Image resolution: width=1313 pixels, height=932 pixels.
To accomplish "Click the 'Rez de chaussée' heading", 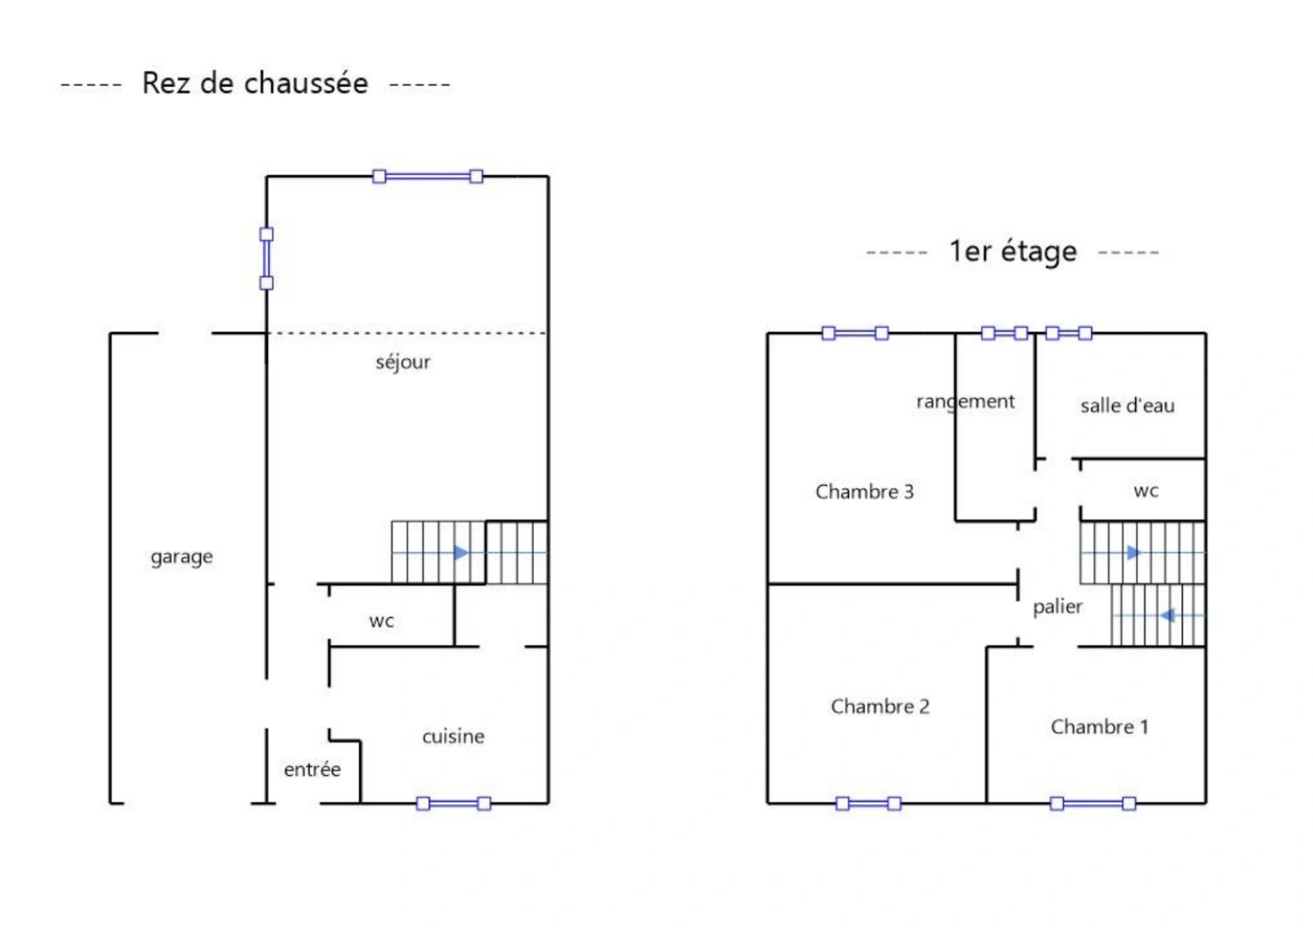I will tap(254, 84).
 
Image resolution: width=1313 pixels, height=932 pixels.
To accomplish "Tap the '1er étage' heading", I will tap(1013, 251).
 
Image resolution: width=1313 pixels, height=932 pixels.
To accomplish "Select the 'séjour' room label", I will tap(403, 362).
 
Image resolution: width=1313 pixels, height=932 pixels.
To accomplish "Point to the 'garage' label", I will tap(181, 557).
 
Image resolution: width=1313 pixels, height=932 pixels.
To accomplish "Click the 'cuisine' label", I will tap(453, 736).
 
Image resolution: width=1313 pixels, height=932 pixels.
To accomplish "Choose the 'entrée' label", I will tap(312, 769).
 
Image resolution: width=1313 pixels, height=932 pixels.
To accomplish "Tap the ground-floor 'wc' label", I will tap(381, 620).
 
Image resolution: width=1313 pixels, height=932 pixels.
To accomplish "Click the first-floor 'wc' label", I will tap(1146, 491).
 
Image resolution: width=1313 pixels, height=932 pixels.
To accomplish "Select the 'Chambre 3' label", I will tap(864, 492).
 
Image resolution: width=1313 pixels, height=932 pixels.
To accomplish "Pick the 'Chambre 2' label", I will tap(880, 707).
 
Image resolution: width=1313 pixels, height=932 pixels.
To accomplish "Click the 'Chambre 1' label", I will tap(1099, 727).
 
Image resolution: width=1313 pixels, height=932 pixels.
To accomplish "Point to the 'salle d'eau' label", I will tap(1127, 406).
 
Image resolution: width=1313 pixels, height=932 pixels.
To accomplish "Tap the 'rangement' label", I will tap(965, 401).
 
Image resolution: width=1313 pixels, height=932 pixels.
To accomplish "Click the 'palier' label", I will tap(1057, 607).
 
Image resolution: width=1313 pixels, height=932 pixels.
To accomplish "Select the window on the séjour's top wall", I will tap(427, 177).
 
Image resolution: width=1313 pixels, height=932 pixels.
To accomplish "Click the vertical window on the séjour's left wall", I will tap(267, 258).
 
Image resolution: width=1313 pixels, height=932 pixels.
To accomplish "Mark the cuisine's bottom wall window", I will tap(453, 803).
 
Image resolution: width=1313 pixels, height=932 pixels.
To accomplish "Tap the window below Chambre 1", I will tap(1092, 803).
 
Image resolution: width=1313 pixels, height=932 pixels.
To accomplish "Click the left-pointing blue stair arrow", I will tap(1167, 615).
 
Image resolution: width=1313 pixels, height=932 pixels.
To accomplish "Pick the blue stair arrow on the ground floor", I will tap(461, 552).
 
